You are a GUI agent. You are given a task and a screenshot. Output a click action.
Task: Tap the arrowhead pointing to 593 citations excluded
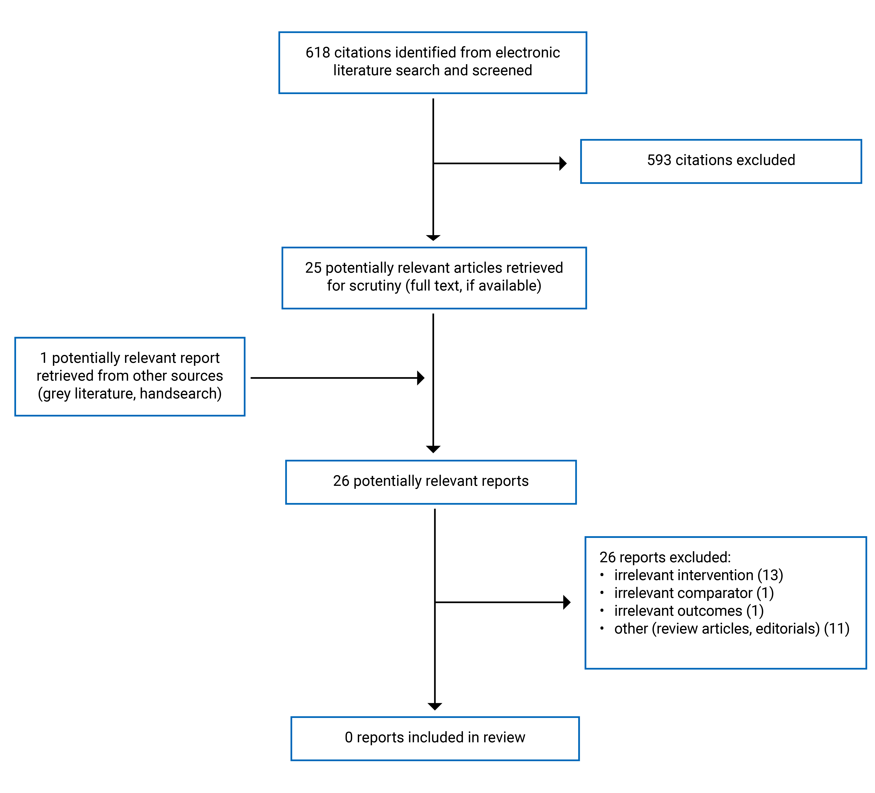pos(563,164)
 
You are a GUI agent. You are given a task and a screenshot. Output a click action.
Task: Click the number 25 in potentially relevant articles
pos(313,268)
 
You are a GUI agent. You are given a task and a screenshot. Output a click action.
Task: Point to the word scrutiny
pos(375,286)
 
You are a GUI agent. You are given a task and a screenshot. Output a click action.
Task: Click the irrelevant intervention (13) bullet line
pos(698,575)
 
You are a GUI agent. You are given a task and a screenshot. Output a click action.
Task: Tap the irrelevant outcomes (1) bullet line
pos(688,611)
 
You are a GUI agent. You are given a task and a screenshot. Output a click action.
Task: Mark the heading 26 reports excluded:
pos(665,557)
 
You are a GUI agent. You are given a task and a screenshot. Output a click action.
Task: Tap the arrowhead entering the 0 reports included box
pos(434,706)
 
